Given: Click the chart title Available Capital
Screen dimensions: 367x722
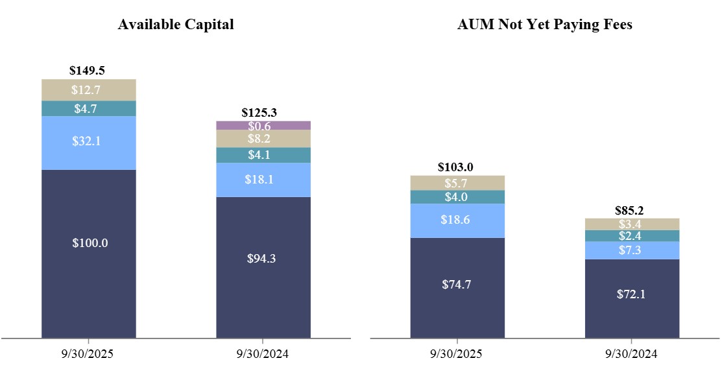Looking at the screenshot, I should (x=175, y=25).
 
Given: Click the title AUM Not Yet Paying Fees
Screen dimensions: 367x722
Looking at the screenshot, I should (x=544, y=25).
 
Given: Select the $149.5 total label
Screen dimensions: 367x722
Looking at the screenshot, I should (x=89, y=71).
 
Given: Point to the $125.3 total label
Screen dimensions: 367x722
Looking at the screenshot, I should (x=263, y=113).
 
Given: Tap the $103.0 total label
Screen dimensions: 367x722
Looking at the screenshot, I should (x=457, y=167).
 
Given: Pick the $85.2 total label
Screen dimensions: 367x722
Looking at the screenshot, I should (x=632, y=210).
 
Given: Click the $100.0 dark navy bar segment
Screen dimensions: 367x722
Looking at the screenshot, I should (x=89, y=253).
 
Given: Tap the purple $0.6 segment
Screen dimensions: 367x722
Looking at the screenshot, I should (x=263, y=125).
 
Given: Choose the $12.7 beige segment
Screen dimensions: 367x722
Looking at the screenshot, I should (x=89, y=90).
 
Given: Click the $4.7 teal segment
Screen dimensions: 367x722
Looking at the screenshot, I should (x=89, y=108).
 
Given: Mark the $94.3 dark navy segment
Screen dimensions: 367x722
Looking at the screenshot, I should (x=263, y=267).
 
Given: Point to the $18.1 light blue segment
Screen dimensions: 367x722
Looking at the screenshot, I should (x=263, y=180).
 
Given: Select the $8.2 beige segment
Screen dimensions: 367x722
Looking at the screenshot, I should (x=263, y=139).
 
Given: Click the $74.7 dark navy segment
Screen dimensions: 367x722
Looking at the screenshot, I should (x=457, y=287).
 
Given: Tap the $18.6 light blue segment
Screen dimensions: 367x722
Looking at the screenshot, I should (x=457, y=220).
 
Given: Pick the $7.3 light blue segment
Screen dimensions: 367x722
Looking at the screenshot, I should (x=632, y=250).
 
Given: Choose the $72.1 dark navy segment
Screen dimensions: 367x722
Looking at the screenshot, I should (x=632, y=298).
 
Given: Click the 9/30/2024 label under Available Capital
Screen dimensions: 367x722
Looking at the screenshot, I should (x=263, y=354).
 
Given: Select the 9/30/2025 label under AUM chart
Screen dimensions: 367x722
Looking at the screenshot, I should (x=457, y=354).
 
